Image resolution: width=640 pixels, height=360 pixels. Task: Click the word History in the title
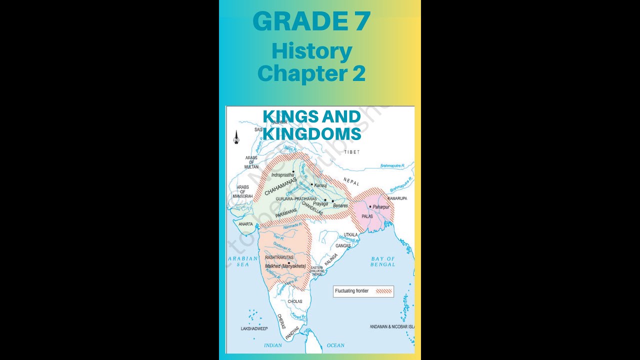click(312, 51)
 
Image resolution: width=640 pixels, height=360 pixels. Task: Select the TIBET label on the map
click(351, 151)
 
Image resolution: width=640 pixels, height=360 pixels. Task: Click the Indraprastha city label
click(282, 175)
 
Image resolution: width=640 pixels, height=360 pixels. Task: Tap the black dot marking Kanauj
click(312, 184)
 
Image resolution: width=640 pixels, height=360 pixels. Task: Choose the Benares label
click(340, 205)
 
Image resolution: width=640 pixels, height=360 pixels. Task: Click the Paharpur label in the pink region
click(381, 206)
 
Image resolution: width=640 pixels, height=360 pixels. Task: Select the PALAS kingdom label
click(367, 216)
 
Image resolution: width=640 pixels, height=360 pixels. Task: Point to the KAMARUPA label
click(397, 198)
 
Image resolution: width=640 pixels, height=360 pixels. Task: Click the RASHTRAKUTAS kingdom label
click(279, 257)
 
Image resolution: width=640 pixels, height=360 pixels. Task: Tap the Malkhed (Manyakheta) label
click(285, 266)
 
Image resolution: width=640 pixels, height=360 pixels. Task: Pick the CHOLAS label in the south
click(295, 301)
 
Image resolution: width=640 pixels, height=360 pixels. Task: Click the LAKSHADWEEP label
click(254, 328)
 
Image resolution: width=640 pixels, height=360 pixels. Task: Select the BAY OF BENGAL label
click(383, 261)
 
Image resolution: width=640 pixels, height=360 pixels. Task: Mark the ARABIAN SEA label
click(242, 261)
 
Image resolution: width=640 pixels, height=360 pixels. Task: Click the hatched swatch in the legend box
click(384, 291)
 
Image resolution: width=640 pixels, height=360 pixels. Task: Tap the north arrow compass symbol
click(236, 137)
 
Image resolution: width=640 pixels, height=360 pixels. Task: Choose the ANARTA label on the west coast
click(245, 224)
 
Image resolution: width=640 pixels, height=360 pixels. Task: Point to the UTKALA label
click(350, 234)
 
